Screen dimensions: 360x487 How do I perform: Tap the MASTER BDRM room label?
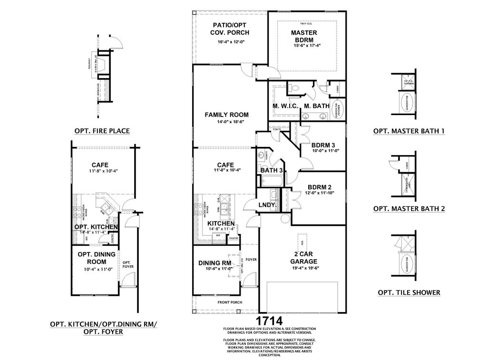pyautogui.click(x=303, y=36)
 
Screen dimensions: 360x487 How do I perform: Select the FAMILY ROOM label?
pyautogui.click(x=226, y=115)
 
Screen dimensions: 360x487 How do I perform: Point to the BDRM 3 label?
pyautogui.click(x=323, y=145)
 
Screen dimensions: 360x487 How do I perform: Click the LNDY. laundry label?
pyautogui.click(x=267, y=205)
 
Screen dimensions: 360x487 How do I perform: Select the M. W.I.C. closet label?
pyautogui.click(x=285, y=106)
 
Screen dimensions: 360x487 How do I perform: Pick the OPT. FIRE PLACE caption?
pyautogui.click(x=102, y=131)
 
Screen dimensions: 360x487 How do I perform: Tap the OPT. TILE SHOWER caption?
pyautogui.click(x=409, y=292)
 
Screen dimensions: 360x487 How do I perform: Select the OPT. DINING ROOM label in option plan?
pyautogui.click(x=97, y=258)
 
